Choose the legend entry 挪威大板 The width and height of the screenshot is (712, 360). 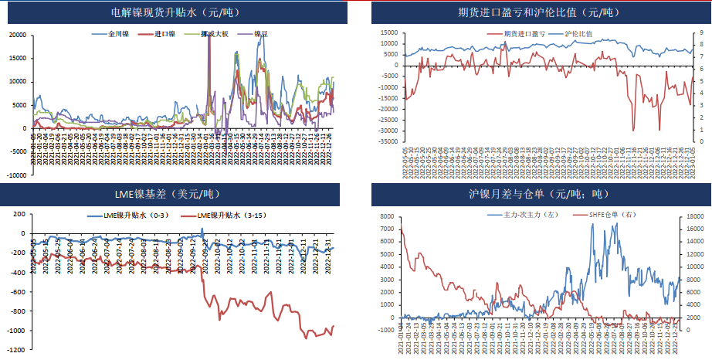click(x=214, y=35)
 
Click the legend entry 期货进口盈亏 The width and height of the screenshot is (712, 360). click(x=524, y=34)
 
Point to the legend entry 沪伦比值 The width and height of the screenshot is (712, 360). click(x=578, y=34)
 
